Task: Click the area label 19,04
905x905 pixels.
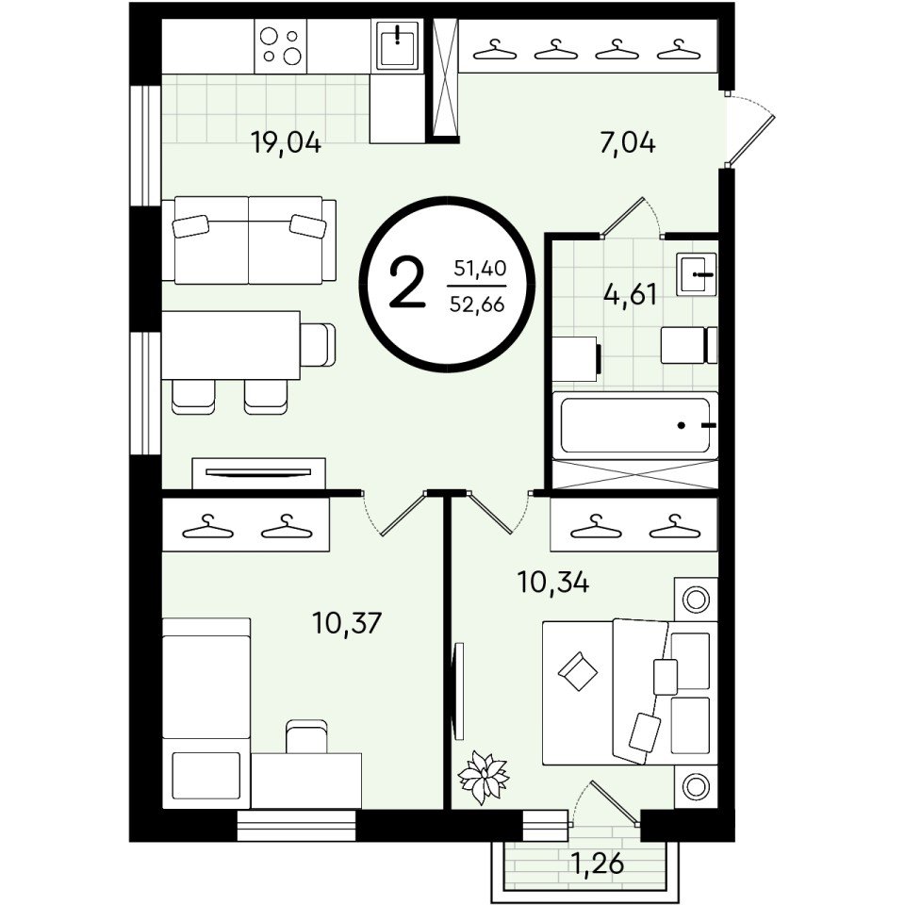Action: [x=286, y=142]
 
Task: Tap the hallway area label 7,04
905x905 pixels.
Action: [x=628, y=142]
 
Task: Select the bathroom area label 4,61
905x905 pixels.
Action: [x=631, y=294]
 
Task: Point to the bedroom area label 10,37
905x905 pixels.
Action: [x=347, y=623]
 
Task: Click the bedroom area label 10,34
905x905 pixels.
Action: [x=553, y=583]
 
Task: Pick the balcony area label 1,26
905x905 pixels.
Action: [x=597, y=864]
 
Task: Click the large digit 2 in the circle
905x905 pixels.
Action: [x=407, y=283]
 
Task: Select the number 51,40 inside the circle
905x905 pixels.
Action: [x=480, y=269]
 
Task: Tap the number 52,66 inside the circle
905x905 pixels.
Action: [x=477, y=304]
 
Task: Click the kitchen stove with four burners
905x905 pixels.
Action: [x=281, y=46]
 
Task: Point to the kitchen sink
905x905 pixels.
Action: [x=398, y=44]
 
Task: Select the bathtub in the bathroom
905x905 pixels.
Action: [x=634, y=425]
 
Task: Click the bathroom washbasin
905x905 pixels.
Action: [x=698, y=274]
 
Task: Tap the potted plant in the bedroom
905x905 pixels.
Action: [x=484, y=776]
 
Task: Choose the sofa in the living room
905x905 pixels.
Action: [x=249, y=240]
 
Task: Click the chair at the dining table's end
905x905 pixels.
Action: [x=318, y=345]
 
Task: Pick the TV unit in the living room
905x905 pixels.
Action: [x=258, y=473]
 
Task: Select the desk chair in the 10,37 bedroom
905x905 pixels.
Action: [x=307, y=736]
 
